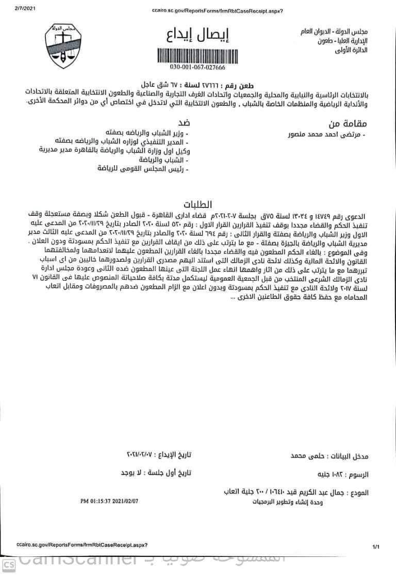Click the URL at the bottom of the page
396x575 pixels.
(x=82, y=545)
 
